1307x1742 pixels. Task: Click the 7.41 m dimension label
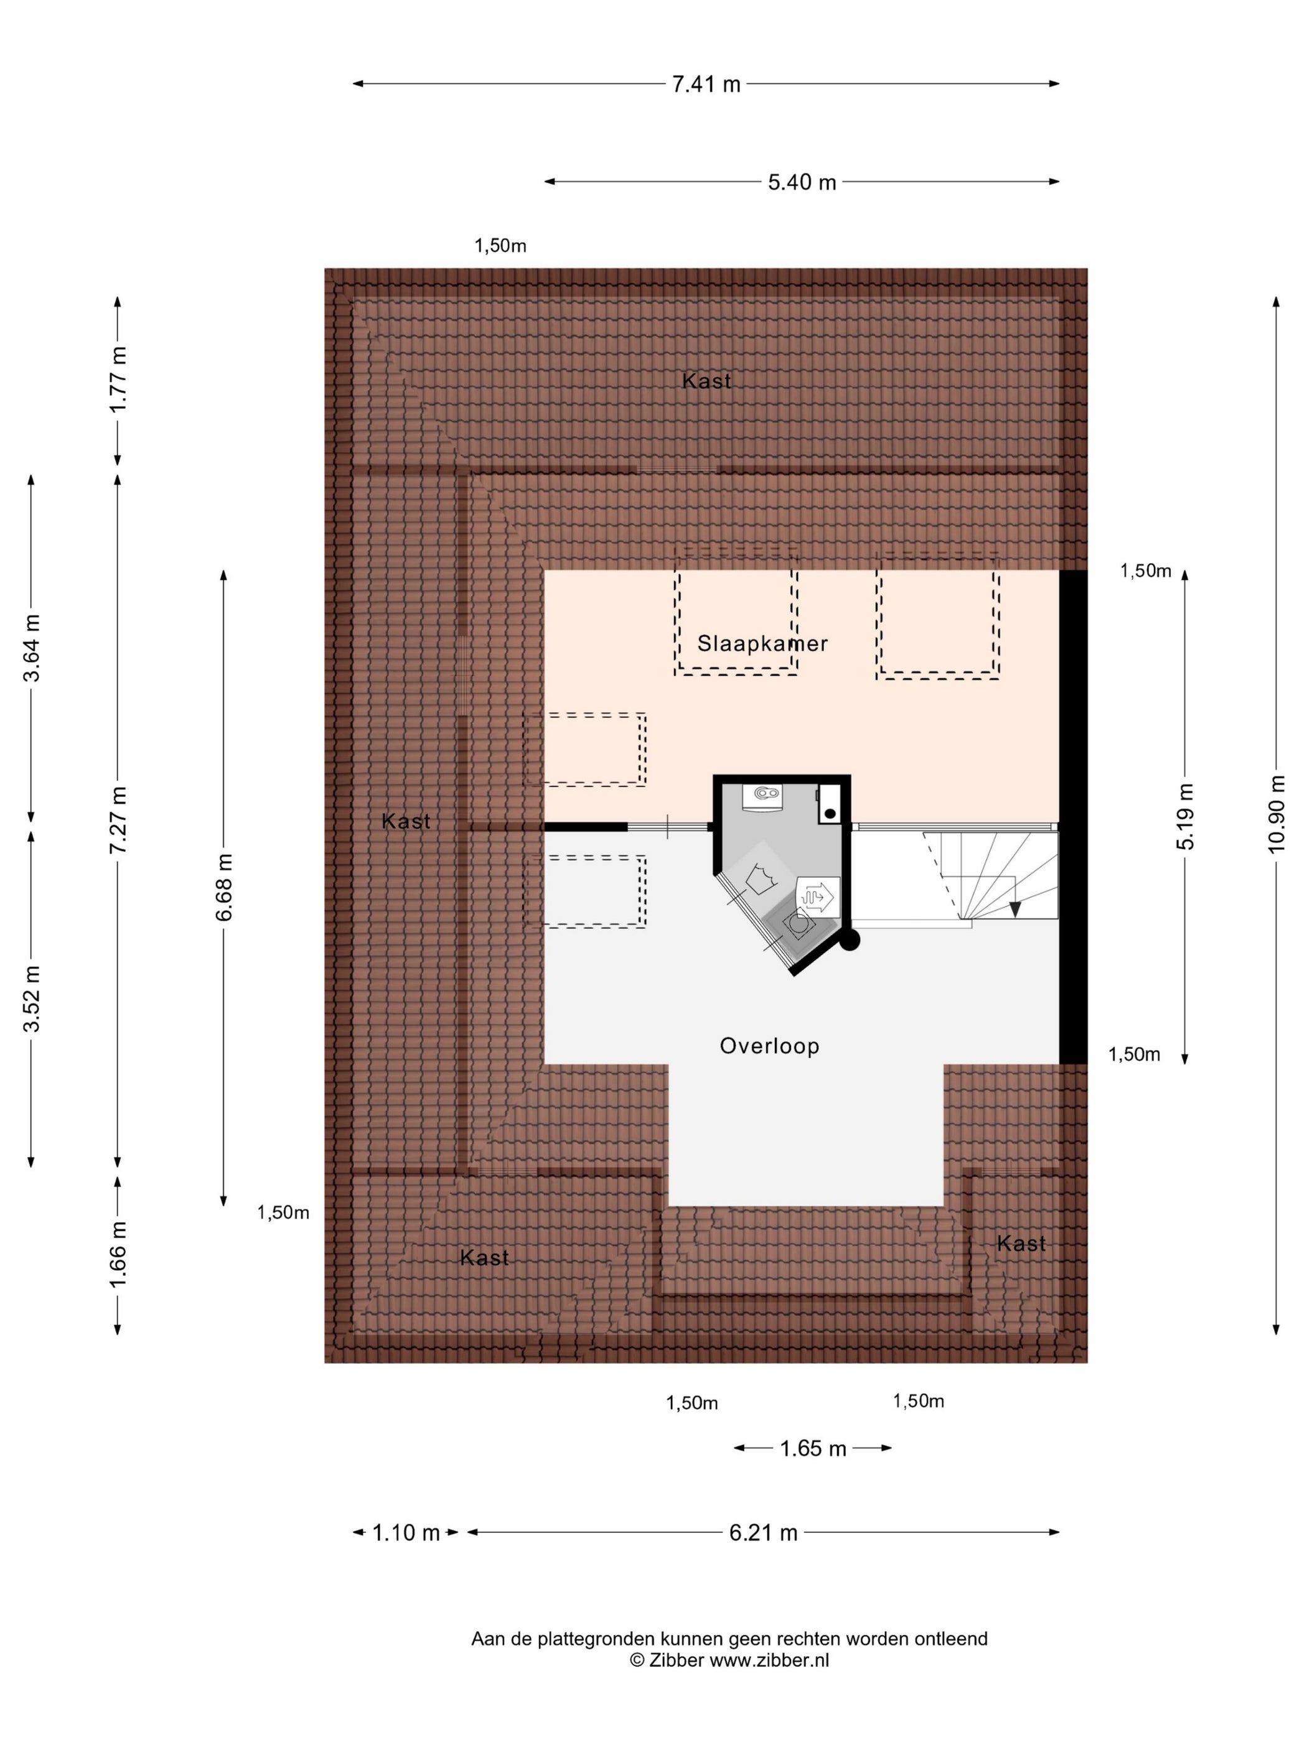(x=706, y=83)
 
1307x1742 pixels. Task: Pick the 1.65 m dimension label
(x=813, y=1448)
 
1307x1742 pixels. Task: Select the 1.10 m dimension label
(x=406, y=1532)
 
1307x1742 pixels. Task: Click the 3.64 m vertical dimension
(x=32, y=648)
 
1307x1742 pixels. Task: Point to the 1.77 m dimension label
(x=118, y=380)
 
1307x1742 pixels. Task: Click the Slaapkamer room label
(x=762, y=643)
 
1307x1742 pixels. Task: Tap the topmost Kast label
(x=706, y=381)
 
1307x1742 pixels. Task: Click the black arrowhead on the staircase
(x=1014, y=909)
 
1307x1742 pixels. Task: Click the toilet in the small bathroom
(x=762, y=796)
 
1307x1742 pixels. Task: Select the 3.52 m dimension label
(x=32, y=998)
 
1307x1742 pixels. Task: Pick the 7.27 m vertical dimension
(x=118, y=820)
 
